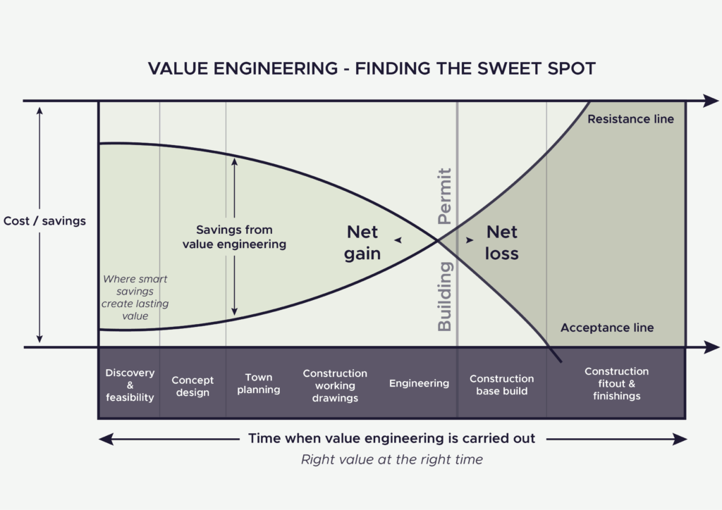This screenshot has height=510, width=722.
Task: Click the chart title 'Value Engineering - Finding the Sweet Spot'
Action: coord(372,68)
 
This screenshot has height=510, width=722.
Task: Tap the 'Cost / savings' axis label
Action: coord(44,221)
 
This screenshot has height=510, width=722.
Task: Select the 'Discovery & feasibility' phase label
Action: coord(130,385)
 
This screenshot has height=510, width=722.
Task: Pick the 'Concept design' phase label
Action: coord(192,386)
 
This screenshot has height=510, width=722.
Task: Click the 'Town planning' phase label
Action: coord(258,384)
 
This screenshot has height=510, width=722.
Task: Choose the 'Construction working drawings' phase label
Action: coord(335,385)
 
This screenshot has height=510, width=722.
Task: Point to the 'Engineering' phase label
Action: coord(419,383)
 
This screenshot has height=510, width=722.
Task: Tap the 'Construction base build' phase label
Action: coord(501,385)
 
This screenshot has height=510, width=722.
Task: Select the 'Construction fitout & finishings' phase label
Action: coord(616,383)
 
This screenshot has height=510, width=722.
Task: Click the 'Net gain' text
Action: coord(362,242)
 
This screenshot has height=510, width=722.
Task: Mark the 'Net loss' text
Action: coord(502,242)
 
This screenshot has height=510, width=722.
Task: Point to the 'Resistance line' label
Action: coord(630,119)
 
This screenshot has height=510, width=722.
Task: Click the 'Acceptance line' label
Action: coord(606,328)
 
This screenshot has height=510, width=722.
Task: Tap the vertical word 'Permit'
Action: coord(445,197)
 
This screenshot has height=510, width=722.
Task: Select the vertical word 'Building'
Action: coord(445,296)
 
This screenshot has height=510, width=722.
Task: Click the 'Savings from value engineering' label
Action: coord(234,237)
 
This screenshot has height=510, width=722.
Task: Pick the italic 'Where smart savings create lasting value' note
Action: coord(135,297)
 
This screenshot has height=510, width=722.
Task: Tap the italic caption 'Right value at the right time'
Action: coord(392,460)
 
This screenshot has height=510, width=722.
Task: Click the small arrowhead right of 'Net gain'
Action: coord(398,240)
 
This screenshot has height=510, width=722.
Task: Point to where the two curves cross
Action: coord(439,241)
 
